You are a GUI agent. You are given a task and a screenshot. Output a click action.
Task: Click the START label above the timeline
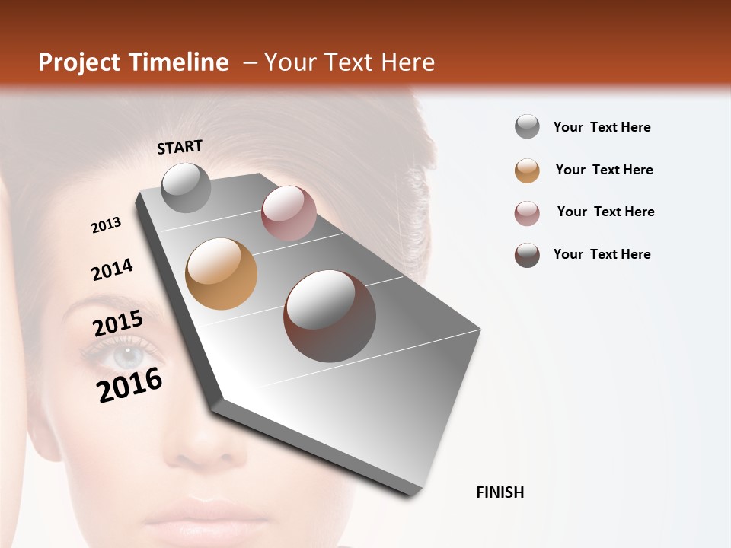(180, 147)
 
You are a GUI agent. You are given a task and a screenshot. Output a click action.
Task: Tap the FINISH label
(500, 492)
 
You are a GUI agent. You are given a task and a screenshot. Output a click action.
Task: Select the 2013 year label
(107, 225)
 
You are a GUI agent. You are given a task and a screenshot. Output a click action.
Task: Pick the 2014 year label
(112, 269)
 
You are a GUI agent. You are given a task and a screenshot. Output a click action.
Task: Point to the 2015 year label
(118, 323)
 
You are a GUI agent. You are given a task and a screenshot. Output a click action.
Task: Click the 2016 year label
(129, 384)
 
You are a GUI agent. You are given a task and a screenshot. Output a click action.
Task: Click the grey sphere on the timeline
(186, 187)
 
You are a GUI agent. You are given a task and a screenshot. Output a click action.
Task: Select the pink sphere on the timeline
(289, 212)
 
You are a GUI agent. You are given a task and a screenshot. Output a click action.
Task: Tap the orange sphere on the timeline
(221, 274)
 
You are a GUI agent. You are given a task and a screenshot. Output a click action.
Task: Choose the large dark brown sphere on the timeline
(330, 315)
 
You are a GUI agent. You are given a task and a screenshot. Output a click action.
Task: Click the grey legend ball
(527, 126)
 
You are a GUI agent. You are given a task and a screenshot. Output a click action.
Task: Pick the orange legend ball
(527, 170)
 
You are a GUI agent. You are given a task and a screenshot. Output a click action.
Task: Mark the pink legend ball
(527, 213)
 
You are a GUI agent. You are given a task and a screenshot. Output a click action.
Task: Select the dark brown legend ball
(527, 255)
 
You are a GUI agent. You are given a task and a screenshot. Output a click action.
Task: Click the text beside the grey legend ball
(602, 127)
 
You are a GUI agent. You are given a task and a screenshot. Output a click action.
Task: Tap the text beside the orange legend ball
(604, 170)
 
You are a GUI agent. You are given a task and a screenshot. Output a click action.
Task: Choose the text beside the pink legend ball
(605, 212)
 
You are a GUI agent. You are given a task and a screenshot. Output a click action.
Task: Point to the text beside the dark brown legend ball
(602, 254)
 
